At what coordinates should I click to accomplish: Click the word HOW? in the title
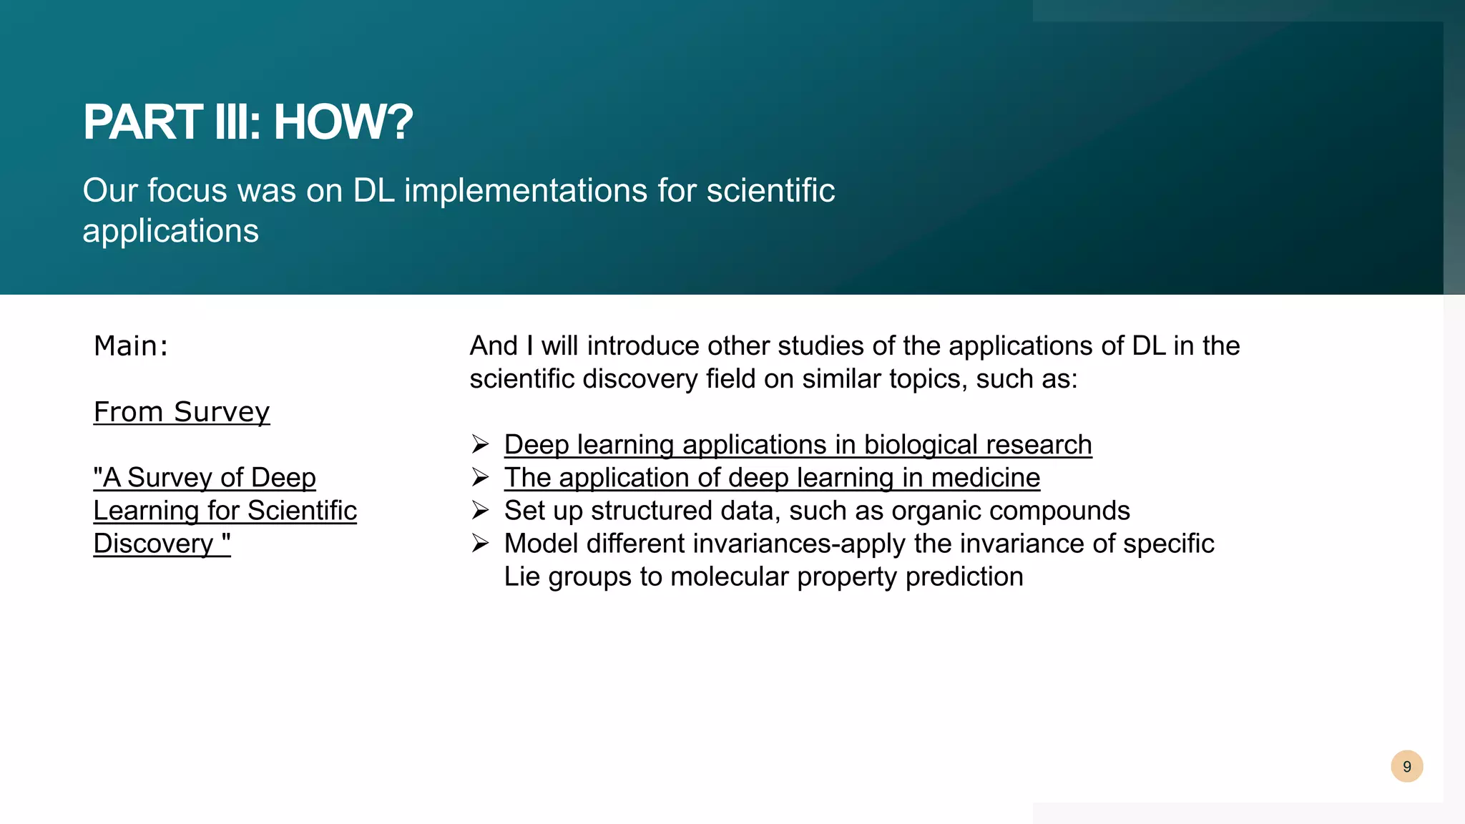pyautogui.click(x=343, y=122)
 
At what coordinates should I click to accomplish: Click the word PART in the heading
pyautogui.click(x=142, y=122)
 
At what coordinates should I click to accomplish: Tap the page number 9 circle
pyautogui.click(x=1406, y=767)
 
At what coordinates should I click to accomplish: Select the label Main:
pyautogui.click(x=131, y=346)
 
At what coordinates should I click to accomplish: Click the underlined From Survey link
pyautogui.click(x=182, y=412)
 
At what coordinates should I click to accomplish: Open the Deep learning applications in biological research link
pyautogui.click(x=798, y=445)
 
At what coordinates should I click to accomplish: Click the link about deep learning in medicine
pyautogui.click(x=772, y=478)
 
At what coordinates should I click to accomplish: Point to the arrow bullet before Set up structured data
pyautogui.click(x=480, y=511)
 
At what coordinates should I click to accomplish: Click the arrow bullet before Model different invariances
pyautogui.click(x=480, y=544)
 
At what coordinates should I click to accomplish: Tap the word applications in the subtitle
pyautogui.click(x=170, y=231)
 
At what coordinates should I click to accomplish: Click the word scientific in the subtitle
pyautogui.click(x=770, y=191)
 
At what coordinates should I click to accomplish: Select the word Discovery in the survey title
pyautogui.click(x=153, y=544)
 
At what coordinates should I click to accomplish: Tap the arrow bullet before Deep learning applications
pyautogui.click(x=480, y=445)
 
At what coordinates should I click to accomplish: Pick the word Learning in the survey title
pyautogui.click(x=146, y=511)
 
